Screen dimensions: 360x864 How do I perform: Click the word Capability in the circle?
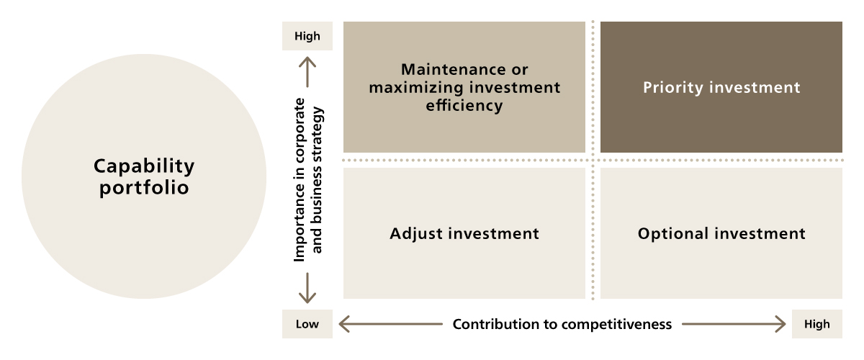[144, 167]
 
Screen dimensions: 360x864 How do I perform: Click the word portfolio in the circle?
[144, 189]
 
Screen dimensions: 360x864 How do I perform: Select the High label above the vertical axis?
[307, 37]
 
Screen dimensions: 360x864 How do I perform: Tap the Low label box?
[307, 324]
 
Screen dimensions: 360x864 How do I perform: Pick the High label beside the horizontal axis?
[817, 324]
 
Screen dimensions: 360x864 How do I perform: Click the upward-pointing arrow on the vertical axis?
[307, 73]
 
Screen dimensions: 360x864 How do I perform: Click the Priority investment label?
[721, 88]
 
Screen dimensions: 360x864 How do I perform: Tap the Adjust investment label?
[464, 234]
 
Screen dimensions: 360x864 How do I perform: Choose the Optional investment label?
[721, 234]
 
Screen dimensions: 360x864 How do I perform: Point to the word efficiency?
[464, 106]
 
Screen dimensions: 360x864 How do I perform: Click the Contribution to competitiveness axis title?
[562, 324]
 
